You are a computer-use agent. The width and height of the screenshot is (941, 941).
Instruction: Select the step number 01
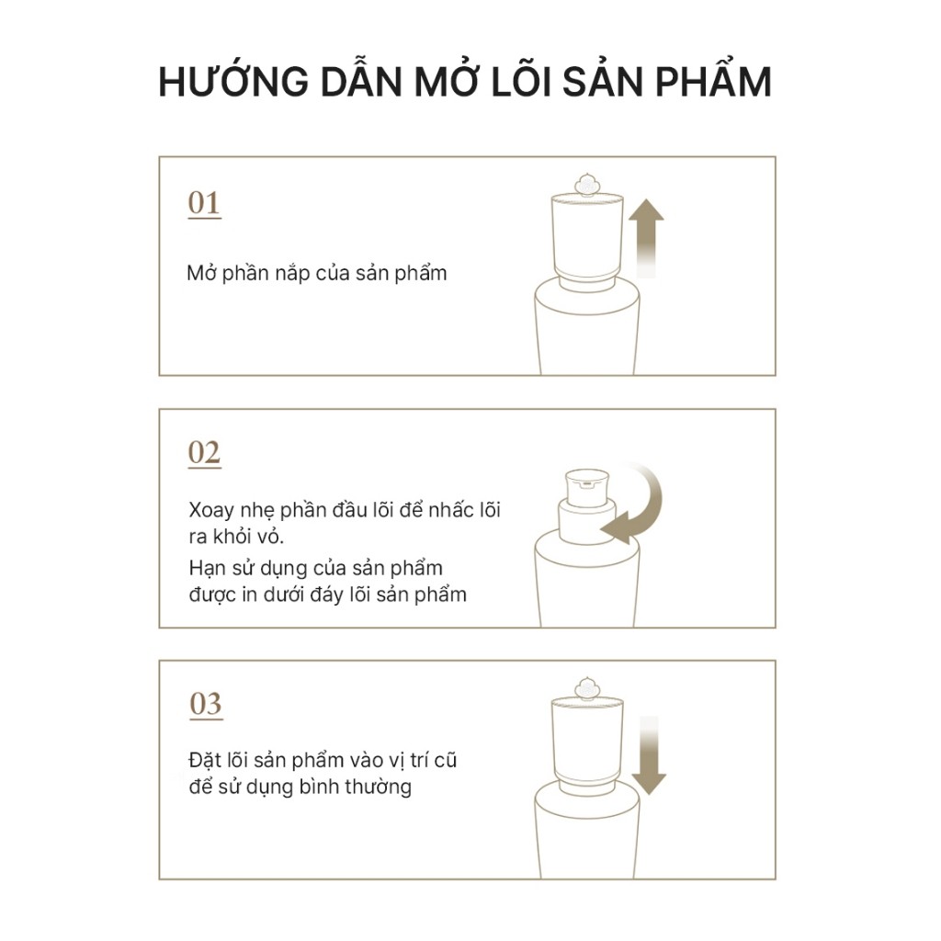point(204,203)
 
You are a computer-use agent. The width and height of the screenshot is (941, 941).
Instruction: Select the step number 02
point(204,452)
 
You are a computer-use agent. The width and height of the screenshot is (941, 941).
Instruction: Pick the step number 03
point(206,704)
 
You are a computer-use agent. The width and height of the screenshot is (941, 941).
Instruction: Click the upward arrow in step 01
point(646,238)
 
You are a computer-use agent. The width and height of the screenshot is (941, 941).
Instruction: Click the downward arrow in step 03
point(649,755)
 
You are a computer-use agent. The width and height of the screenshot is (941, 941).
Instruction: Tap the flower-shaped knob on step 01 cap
point(586,186)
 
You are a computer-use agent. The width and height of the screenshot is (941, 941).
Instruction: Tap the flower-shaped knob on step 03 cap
point(586,689)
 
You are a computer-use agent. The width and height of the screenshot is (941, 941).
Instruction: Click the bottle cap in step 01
point(587,239)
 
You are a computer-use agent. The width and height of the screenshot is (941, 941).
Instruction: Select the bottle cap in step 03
point(587,743)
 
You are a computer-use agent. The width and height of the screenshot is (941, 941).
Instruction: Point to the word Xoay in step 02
point(211,511)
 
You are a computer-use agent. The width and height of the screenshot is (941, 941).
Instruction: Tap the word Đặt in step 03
point(205,760)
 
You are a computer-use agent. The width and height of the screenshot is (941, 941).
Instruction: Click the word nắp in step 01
point(292,274)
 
